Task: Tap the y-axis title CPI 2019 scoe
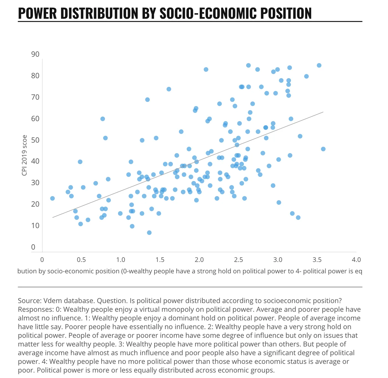(x=24, y=155)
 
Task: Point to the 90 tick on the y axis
(x=35, y=54)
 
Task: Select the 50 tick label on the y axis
(x=35, y=140)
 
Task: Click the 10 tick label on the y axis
(x=35, y=226)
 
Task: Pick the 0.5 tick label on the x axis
(x=81, y=260)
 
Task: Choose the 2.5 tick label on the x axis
(x=238, y=260)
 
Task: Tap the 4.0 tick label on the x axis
(x=356, y=260)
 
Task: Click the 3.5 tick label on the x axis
(x=317, y=260)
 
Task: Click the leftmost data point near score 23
(x=52, y=198)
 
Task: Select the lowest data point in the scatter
(x=149, y=233)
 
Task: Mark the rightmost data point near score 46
(x=323, y=149)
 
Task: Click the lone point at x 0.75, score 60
(x=103, y=119)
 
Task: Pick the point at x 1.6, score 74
(x=169, y=89)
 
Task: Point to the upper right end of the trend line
(x=323, y=112)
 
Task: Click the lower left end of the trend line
(x=53, y=217)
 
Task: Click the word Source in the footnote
(x=29, y=301)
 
